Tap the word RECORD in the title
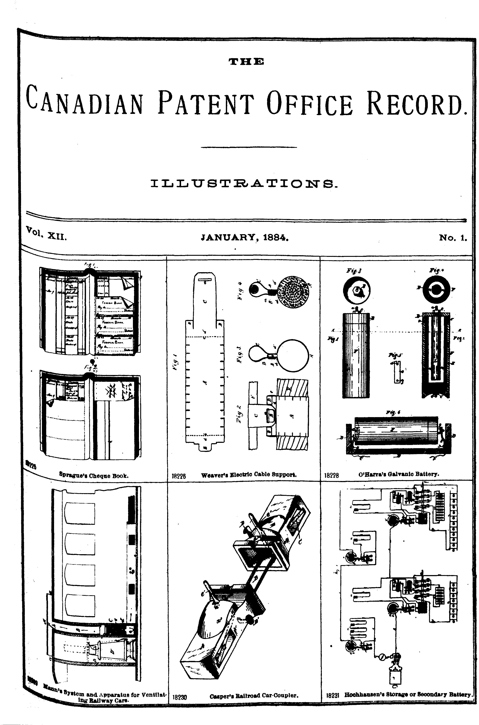tap(416, 102)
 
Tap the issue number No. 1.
tap(453, 238)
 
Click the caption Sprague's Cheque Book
tap(94, 476)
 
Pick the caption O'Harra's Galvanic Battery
tap(399, 474)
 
